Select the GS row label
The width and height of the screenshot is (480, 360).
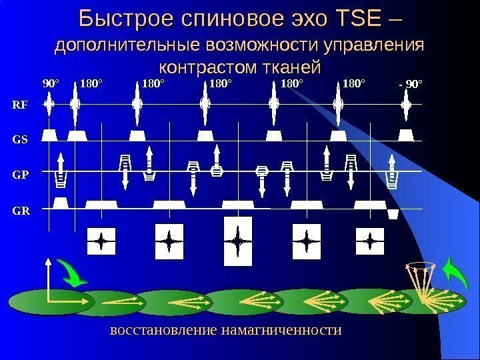click(20, 140)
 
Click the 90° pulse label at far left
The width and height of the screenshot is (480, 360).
click(51, 84)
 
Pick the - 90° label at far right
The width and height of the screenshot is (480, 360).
click(410, 85)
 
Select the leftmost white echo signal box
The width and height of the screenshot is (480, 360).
click(101, 241)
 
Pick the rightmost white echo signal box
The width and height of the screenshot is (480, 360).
click(369, 240)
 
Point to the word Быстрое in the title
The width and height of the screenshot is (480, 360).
click(129, 20)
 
